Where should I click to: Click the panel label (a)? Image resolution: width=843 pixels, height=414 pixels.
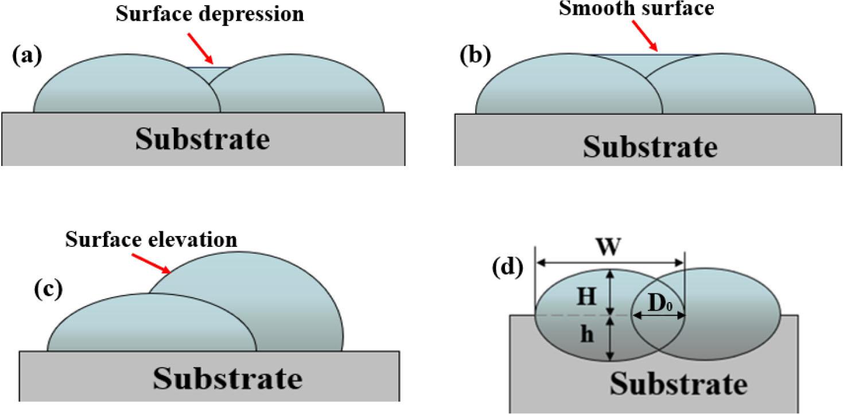pos(26,57)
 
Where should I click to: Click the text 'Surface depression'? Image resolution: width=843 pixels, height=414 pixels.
pos(210,14)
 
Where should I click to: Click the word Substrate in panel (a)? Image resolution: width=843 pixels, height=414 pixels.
pos(202,139)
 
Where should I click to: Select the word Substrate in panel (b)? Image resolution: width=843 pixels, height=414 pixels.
pos(650,146)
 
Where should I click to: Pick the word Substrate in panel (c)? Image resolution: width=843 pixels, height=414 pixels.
pos(227,378)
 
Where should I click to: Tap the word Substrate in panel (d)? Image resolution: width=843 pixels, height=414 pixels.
pos(679,384)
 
